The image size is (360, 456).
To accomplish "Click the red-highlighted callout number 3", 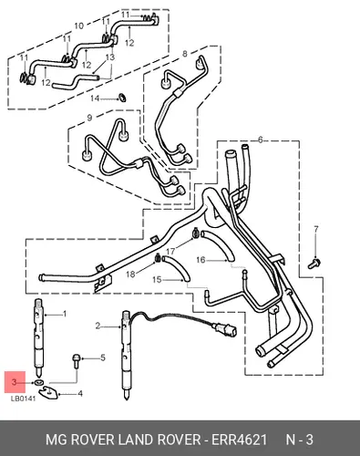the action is pyautogui.click(x=14, y=382).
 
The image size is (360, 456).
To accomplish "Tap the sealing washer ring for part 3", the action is pyautogui.click(x=38, y=382).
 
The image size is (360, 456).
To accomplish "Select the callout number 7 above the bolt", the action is pyautogui.click(x=316, y=229).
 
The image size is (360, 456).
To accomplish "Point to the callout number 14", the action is pyautogui.click(x=95, y=98).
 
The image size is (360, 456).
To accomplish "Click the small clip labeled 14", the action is pyautogui.click(x=122, y=98).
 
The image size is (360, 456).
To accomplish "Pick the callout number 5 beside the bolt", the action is pyautogui.click(x=103, y=358).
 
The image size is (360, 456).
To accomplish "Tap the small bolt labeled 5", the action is pyautogui.click(x=76, y=361).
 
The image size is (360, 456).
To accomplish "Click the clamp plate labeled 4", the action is pyautogui.click(x=50, y=392).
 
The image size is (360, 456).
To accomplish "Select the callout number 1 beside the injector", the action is pyautogui.click(x=65, y=314).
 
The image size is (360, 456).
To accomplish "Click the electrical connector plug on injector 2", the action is pyautogui.click(x=225, y=330).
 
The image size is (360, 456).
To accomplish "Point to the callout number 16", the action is pyautogui.click(x=201, y=260).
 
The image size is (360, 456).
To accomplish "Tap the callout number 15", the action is pyautogui.click(x=157, y=279).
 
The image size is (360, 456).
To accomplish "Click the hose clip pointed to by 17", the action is pyautogui.click(x=195, y=234).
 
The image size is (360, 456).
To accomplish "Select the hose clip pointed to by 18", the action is pyautogui.click(x=158, y=258).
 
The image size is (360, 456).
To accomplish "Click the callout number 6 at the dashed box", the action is pyautogui.click(x=261, y=140).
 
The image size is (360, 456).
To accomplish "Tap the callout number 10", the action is pyautogui.click(x=79, y=26).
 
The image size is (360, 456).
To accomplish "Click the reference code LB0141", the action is pyautogui.click(x=24, y=399).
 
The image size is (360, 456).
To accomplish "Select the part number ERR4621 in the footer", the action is pyautogui.click(x=239, y=440).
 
